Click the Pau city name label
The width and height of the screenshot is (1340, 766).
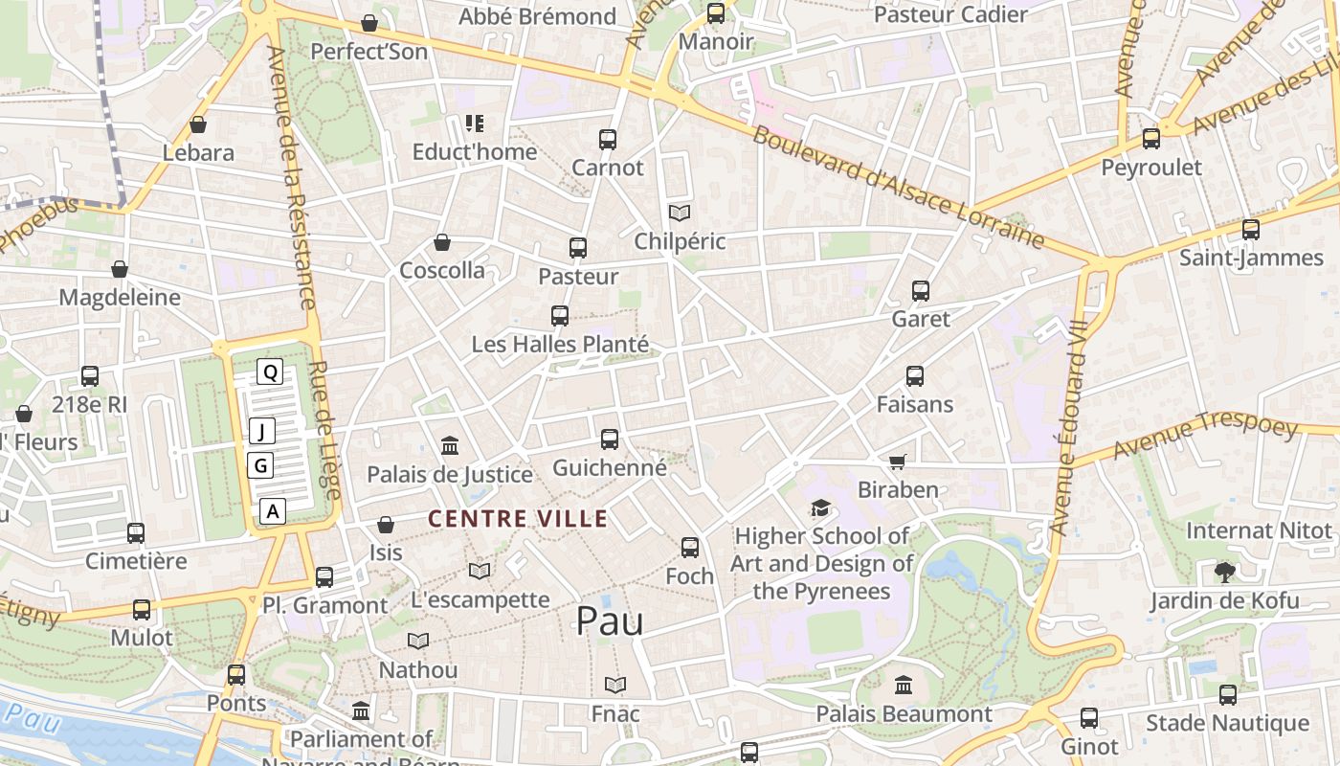(610, 621)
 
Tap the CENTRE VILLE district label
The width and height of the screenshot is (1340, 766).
(518, 519)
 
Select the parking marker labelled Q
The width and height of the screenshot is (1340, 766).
(271, 372)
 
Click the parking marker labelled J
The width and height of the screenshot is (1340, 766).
(261, 431)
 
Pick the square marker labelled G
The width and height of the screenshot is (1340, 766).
(259, 466)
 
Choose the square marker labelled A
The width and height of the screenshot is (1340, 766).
(273, 511)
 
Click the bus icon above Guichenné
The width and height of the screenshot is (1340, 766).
(610, 439)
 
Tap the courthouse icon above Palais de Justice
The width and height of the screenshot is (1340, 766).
(450, 445)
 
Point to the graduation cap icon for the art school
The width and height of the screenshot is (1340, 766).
(820, 507)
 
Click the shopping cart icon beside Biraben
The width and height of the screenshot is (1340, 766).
(897, 462)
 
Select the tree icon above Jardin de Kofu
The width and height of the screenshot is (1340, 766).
(1224, 573)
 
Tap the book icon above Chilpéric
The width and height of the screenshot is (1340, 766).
(680, 213)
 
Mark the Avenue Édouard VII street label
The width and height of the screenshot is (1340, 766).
(1070, 426)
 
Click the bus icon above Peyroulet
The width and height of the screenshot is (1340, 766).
(1151, 139)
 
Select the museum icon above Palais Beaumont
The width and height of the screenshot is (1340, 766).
(904, 685)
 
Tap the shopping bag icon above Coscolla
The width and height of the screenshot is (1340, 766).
(442, 242)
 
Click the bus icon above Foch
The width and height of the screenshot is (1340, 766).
(690, 548)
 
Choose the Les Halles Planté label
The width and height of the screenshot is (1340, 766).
(560, 344)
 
